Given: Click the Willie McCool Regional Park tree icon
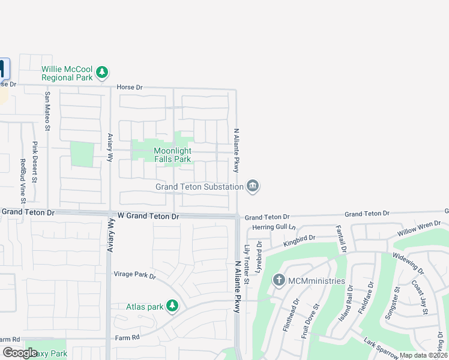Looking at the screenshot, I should coord(102,73).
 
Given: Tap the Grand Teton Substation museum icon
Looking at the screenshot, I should coord(253,187).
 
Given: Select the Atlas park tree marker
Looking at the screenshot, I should coord(172,307).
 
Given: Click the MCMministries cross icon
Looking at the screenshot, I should coord(279,280).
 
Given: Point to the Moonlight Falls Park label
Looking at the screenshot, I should coord(172,155).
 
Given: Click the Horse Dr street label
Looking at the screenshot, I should coord(130,87).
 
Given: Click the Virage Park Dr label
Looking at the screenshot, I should coord(135,276).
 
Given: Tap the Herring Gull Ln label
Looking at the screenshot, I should coord(274,227).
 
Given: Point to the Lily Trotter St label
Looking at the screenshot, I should coord(246,257).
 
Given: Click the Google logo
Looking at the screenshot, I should coord(20,353).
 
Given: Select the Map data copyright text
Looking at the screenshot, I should coord(424,355).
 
